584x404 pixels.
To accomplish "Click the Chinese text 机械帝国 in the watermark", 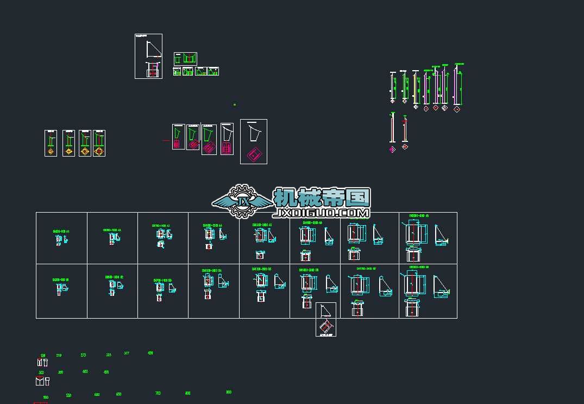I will click(x=322, y=196).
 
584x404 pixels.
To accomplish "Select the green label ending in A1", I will click(x=61, y=232).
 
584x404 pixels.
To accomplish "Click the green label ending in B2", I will click(x=115, y=277).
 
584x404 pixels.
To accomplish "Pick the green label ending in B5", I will click(x=262, y=269).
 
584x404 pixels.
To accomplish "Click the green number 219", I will click(x=59, y=356).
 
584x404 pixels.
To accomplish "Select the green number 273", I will click(x=83, y=355).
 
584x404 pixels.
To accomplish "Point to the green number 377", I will click(x=127, y=353).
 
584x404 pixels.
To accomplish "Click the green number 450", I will click(x=106, y=372).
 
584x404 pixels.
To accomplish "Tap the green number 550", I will click(x=68, y=395).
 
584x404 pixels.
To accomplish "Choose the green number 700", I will click(x=158, y=393).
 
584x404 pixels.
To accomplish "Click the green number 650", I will click(x=118, y=394).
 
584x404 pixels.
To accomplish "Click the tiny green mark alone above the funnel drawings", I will click(x=235, y=104).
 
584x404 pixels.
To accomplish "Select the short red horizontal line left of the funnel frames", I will click(x=166, y=140).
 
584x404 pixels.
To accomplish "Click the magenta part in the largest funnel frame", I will click(x=254, y=154).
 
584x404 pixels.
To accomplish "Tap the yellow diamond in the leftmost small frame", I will click(x=51, y=152).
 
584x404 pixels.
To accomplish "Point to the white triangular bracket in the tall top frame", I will click(x=154, y=49).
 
